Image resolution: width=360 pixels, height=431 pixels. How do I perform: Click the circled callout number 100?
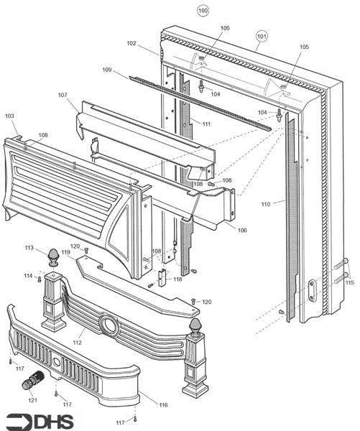pyautogui.click(x=203, y=11)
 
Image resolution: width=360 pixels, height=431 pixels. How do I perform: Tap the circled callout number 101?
pyautogui.click(x=262, y=36)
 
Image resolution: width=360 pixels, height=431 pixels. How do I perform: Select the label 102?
pyautogui.click(x=131, y=43)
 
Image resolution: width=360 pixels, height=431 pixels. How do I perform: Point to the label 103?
pyautogui.click(x=9, y=116)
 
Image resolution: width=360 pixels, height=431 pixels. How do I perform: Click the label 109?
pyautogui.click(x=107, y=70)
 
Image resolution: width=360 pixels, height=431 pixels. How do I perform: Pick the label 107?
pyautogui.click(x=63, y=95)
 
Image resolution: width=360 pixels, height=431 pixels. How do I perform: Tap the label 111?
pyautogui.click(x=206, y=124)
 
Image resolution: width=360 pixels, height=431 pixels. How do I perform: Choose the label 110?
pyautogui.click(x=266, y=204)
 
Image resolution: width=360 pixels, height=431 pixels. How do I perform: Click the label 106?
pyautogui.click(x=242, y=231)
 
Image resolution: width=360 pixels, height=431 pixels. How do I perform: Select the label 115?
pyautogui.click(x=349, y=282)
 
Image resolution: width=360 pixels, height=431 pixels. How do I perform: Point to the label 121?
pyautogui.click(x=32, y=400)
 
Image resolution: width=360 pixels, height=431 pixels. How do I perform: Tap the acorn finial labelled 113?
pyautogui.click(x=54, y=258)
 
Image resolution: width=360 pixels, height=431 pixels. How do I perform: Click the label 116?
pyautogui.click(x=163, y=405)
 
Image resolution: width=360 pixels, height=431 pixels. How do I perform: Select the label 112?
pyautogui.click(x=78, y=343)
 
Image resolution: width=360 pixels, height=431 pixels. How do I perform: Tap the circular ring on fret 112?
pyautogui.click(x=109, y=325)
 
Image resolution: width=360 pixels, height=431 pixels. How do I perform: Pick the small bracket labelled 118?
pyautogui.click(x=162, y=277)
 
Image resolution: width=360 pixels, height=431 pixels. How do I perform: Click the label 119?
pyautogui.click(x=65, y=252)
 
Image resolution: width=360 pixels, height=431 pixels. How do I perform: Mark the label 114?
pyautogui.click(x=28, y=276)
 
